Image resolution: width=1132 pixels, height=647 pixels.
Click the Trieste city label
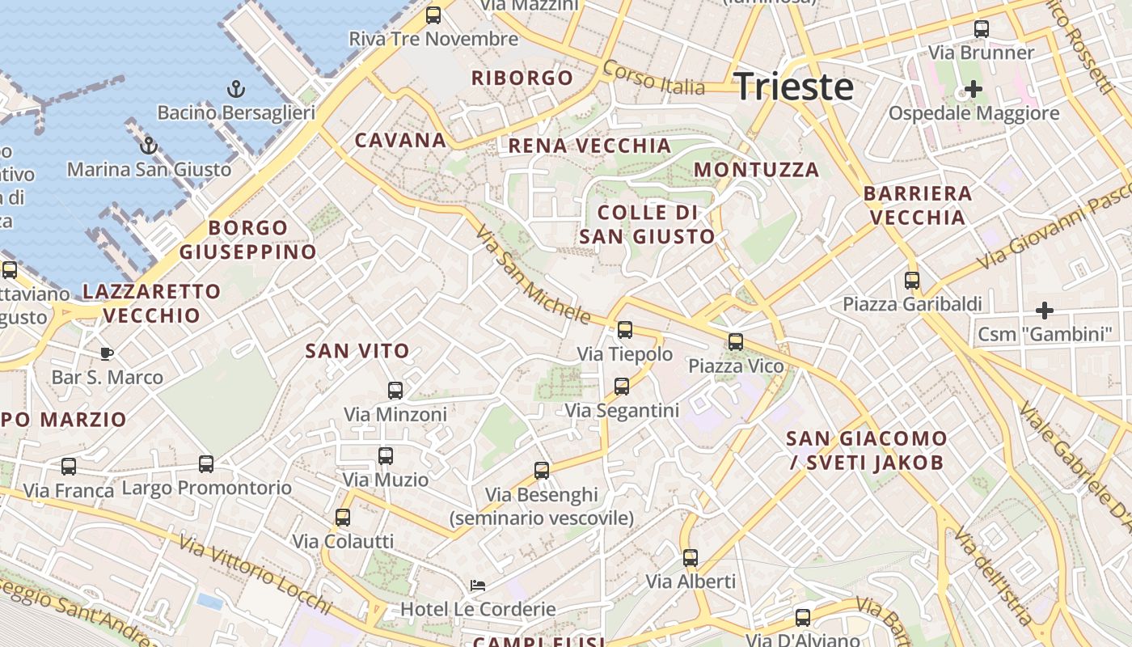tap(793, 87)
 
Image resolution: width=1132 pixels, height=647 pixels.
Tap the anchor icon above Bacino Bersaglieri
tap(236, 88)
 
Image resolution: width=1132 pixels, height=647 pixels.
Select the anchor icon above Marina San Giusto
tap(148, 146)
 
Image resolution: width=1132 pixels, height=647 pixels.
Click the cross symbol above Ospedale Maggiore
tap(974, 88)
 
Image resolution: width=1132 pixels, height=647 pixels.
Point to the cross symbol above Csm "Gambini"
tap(1045, 310)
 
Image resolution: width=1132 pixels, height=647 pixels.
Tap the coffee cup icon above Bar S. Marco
tap(107, 353)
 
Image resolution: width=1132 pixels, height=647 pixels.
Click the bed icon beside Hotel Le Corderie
tap(478, 585)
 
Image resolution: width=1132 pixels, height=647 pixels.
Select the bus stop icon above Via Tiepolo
tap(625, 329)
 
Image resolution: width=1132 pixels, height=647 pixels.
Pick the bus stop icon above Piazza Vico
tap(736, 341)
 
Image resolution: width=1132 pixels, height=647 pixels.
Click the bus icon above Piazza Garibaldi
tap(912, 280)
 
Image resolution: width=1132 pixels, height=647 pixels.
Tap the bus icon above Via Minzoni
tap(395, 390)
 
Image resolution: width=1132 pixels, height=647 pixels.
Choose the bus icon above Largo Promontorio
tap(206, 463)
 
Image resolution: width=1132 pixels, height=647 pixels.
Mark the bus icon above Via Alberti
tap(691, 557)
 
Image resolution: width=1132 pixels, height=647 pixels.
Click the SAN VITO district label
tap(357, 351)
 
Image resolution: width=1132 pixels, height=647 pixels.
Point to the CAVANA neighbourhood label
tap(400, 140)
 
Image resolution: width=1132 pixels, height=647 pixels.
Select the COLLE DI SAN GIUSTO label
tap(648, 225)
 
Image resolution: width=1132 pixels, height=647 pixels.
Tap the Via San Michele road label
tap(533, 275)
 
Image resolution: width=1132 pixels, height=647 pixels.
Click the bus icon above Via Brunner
tap(982, 28)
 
